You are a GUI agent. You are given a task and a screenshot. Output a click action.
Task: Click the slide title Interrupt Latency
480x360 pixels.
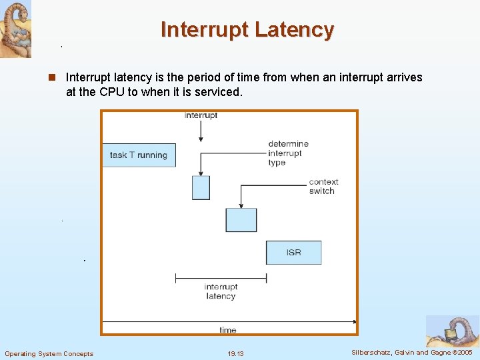(x=247, y=30)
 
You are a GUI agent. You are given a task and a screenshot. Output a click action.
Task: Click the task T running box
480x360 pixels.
(x=139, y=155)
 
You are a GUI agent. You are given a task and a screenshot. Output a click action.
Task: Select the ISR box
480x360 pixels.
(x=293, y=253)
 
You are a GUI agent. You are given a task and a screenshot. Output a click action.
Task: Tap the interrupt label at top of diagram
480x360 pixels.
(x=201, y=116)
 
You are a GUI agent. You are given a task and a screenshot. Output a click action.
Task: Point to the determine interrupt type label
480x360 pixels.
(x=288, y=153)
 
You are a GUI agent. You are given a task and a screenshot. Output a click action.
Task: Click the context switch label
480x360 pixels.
(x=323, y=186)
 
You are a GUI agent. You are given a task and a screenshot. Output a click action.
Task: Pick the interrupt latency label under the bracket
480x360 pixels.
(x=221, y=291)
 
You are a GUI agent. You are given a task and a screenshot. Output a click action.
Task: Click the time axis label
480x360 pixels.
(x=227, y=330)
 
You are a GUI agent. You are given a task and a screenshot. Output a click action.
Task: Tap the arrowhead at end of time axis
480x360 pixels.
(x=354, y=322)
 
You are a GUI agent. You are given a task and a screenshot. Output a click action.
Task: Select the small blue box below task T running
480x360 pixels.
(x=201, y=187)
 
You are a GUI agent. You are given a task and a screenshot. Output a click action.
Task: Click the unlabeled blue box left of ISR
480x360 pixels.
(x=241, y=220)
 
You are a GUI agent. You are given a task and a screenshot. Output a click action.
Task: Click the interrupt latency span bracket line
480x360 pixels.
(x=221, y=277)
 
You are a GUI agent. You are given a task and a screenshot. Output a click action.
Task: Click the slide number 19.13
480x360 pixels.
(x=235, y=353)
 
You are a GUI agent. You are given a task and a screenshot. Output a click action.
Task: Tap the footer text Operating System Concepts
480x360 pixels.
(x=49, y=353)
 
